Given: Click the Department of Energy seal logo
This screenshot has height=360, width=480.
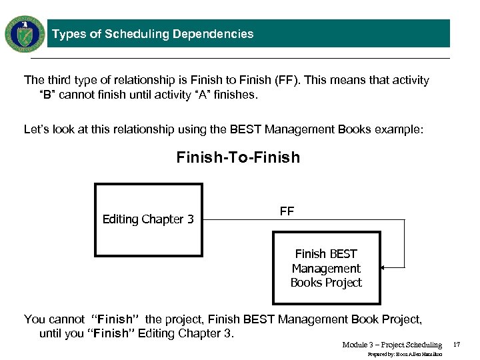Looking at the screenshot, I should [x=25, y=33].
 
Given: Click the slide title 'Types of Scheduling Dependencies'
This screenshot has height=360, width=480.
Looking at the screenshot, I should [x=153, y=34].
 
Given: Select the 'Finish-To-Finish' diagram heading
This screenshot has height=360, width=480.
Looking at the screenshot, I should [x=238, y=157].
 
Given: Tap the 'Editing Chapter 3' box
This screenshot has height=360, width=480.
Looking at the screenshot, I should [x=148, y=219].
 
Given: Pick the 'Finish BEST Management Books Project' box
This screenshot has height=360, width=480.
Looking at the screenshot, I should [x=326, y=268].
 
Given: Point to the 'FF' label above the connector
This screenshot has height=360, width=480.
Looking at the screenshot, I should [x=287, y=211].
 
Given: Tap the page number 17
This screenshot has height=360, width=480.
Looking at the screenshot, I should [x=457, y=345].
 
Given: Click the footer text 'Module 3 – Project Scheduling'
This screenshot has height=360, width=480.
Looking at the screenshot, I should [x=392, y=345].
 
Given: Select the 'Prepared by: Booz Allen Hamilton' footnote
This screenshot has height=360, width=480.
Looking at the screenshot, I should [x=405, y=354].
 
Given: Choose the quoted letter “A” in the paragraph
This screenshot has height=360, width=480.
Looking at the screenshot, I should [x=183, y=95].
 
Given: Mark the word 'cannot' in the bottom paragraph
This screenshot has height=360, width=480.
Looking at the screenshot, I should [x=66, y=319].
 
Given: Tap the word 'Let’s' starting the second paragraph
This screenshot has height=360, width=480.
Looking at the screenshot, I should [x=37, y=129].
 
